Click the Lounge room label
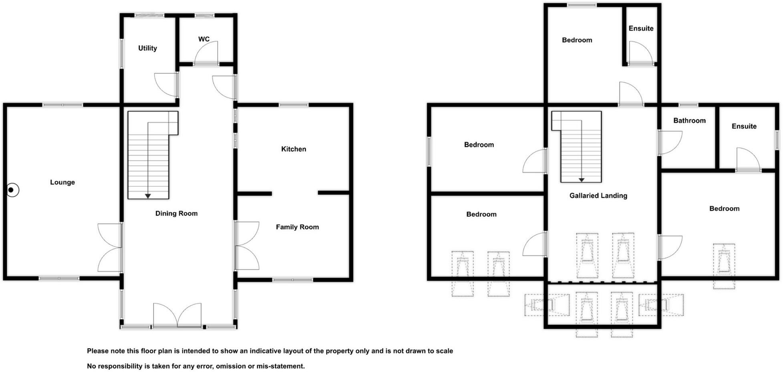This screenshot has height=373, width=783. [x=62, y=182]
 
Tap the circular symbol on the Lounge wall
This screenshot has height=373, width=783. [x=12, y=190]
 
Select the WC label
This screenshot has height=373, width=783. [x=204, y=39]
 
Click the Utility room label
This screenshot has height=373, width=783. [x=147, y=48]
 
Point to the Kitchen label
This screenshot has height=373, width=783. [x=294, y=149]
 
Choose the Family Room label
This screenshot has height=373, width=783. [x=297, y=227]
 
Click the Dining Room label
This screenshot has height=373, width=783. [x=176, y=214]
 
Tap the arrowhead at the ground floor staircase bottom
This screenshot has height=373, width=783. [x=148, y=196]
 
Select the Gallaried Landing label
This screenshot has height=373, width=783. [x=598, y=196]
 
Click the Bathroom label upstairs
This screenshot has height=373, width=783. [x=689, y=121]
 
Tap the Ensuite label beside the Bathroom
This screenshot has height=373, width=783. [x=744, y=126]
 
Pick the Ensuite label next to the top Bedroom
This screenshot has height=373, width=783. [x=641, y=28]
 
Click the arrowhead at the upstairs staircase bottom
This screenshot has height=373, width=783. [x=581, y=180]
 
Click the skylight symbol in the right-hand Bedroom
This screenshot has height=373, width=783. [x=724, y=266]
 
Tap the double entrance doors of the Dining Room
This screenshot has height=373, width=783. [x=177, y=315]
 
